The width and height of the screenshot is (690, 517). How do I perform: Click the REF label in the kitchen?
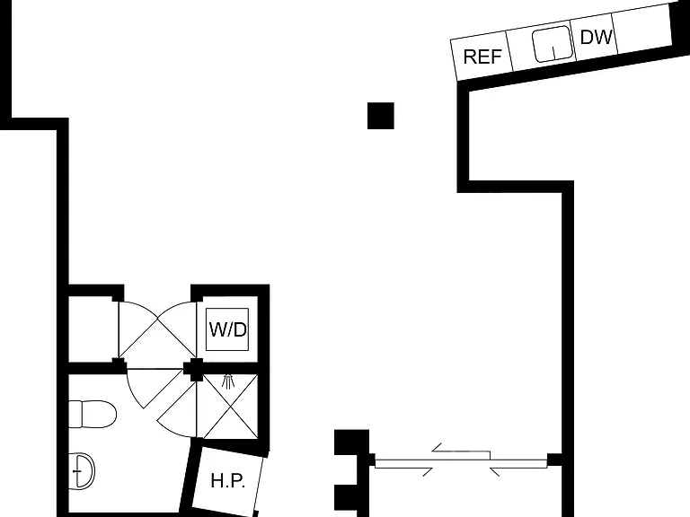[x=482, y=57]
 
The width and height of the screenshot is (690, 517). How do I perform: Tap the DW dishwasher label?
[x=597, y=38]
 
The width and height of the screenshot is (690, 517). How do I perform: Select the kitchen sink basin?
[x=553, y=44]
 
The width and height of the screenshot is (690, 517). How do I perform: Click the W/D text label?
[x=227, y=329]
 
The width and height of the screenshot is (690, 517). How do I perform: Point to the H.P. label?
[x=227, y=480]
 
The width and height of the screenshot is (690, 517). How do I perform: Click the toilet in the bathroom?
[x=93, y=414]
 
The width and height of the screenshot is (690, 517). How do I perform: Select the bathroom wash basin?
[x=82, y=471]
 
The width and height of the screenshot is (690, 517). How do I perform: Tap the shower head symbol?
[x=227, y=381]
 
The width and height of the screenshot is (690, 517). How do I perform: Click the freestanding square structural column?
[x=381, y=116]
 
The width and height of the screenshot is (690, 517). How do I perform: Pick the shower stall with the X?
[x=230, y=406]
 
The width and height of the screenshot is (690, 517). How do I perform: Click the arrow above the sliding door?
[x=461, y=451]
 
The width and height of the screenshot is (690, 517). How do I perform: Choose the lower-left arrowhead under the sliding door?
[x=428, y=472]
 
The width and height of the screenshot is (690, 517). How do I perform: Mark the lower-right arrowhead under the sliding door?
[x=495, y=472]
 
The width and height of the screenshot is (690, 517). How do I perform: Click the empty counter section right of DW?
[x=642, y=29]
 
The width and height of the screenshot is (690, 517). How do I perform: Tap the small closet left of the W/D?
[x=93, y=329]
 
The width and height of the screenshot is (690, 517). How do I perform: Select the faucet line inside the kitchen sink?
[x=553, y=52]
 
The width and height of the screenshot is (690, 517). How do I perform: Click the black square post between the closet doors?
[x=193, y=369]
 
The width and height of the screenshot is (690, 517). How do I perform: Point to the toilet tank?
[x=75, y=414]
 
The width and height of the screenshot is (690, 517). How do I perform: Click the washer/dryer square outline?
[x=227, y=329]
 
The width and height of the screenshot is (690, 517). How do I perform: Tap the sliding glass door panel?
[x=461, y=463]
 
